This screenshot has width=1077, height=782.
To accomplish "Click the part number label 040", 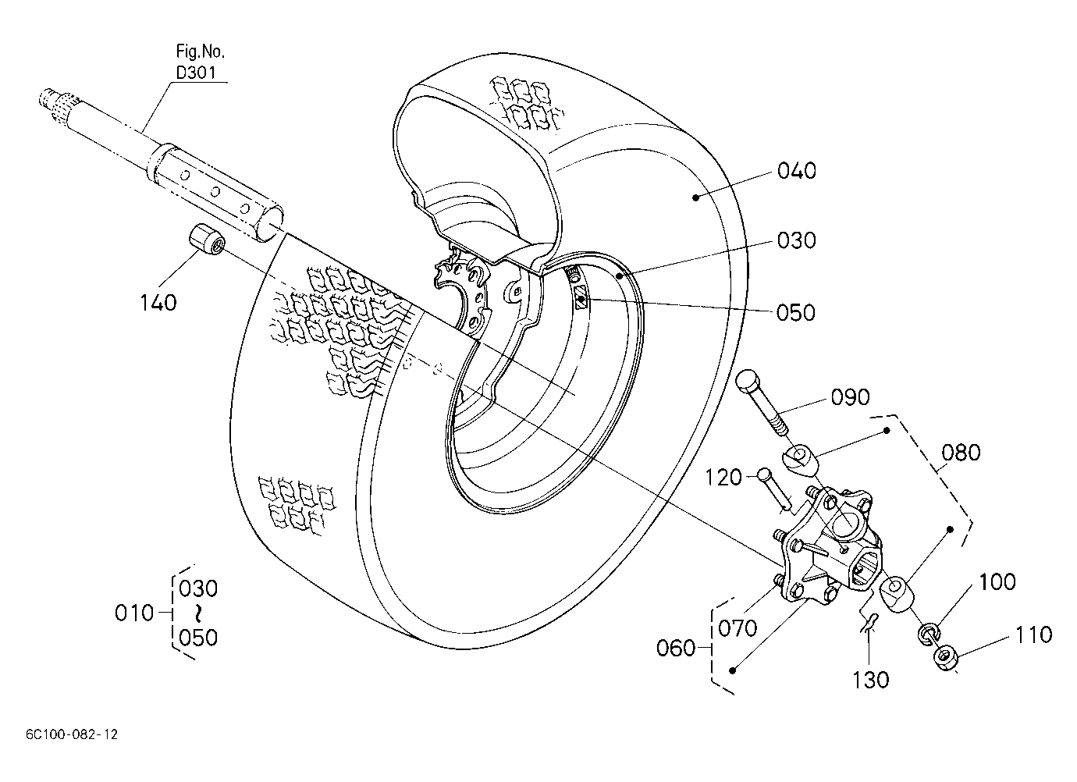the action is (x=796, y=171).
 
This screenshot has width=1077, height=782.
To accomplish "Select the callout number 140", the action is (x=158, y=303).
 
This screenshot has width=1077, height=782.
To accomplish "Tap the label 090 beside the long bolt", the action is (x=850, y=397).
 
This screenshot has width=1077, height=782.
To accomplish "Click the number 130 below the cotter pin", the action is (x=871, y=680).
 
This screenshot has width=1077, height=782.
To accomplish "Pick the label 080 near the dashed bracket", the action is (x=961, y=453).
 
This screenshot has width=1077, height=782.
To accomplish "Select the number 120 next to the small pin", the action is (x=723, y=478).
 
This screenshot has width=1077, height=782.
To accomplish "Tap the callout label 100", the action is (x=997, y=582).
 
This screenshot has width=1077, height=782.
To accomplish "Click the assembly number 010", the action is (x=134, y=613).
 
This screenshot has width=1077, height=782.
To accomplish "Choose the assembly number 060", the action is (x=676, y=649).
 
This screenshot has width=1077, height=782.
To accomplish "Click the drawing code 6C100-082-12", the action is (x=72, y=735).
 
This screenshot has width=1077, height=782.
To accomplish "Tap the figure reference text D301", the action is (x=196, y=73).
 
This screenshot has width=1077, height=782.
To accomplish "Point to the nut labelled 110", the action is (x=946, y=658).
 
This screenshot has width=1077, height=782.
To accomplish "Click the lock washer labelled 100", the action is (x=928, y=634).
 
